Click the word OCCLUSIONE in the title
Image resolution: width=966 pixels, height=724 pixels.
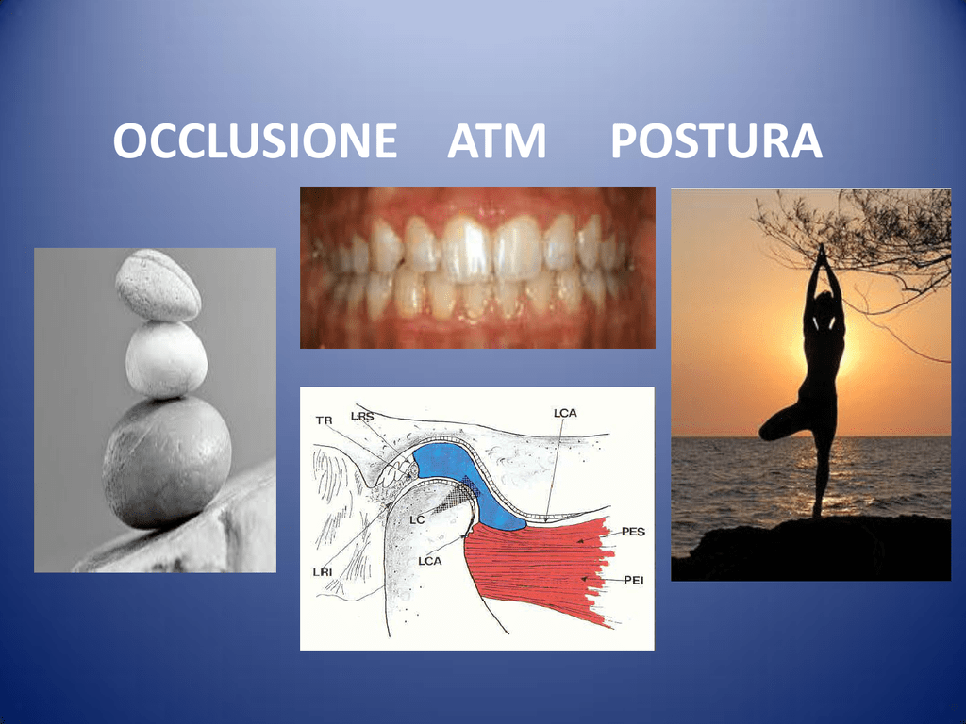pos(255,141)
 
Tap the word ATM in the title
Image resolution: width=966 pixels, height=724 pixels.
pos(496,141)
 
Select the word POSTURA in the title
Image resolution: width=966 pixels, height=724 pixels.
pos(717,141)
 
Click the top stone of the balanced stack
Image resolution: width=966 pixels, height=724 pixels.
pos(158,286)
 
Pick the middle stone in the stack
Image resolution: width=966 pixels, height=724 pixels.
pos(166,359)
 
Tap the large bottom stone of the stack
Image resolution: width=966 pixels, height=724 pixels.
pos(166,462)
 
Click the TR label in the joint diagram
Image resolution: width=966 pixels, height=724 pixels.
pos(325,420)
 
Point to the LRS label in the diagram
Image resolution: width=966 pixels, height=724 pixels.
pos(362,416)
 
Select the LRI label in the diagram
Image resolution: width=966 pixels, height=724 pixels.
pos(323,572)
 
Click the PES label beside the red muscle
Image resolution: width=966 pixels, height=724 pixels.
pos(633,532)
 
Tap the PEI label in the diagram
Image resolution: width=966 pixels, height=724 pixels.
pos(634,580)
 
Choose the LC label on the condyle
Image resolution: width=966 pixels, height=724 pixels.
pos(417,520)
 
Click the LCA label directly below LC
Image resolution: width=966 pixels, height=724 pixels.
pos(429,561)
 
